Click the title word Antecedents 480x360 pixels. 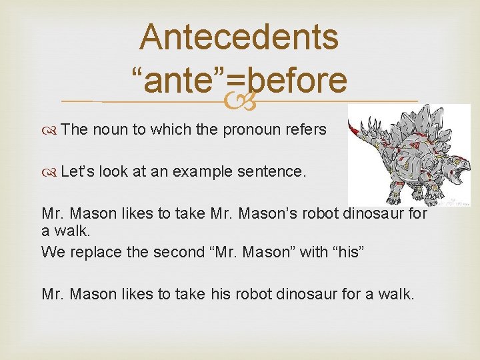[x=239, y=37]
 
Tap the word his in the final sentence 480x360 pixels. [x=218, y=293]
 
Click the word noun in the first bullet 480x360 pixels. [x=109, y=130]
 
